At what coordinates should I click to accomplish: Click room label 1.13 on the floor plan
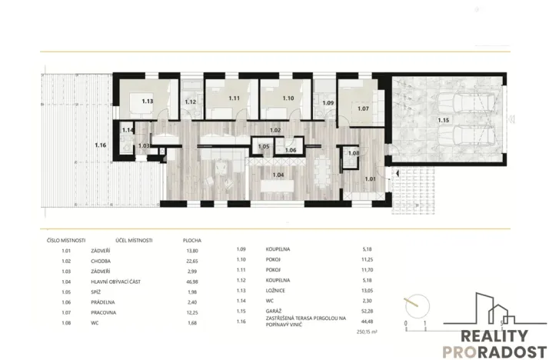pos(147,101)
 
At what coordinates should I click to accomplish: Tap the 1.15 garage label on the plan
pos(444,120)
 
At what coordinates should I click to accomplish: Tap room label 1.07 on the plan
pos(364,108)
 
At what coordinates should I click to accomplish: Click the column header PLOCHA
pos(191,239)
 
